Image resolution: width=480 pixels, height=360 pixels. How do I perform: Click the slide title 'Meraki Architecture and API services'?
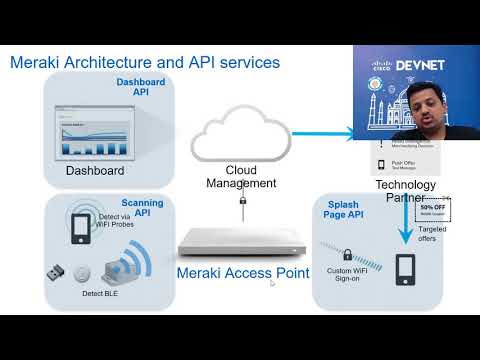145,62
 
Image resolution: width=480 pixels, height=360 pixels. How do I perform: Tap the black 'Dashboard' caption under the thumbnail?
95,171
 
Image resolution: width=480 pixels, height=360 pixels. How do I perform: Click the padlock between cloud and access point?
241,204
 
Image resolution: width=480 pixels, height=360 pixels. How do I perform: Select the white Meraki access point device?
240,241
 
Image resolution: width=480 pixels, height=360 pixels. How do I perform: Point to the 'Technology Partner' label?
404,191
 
